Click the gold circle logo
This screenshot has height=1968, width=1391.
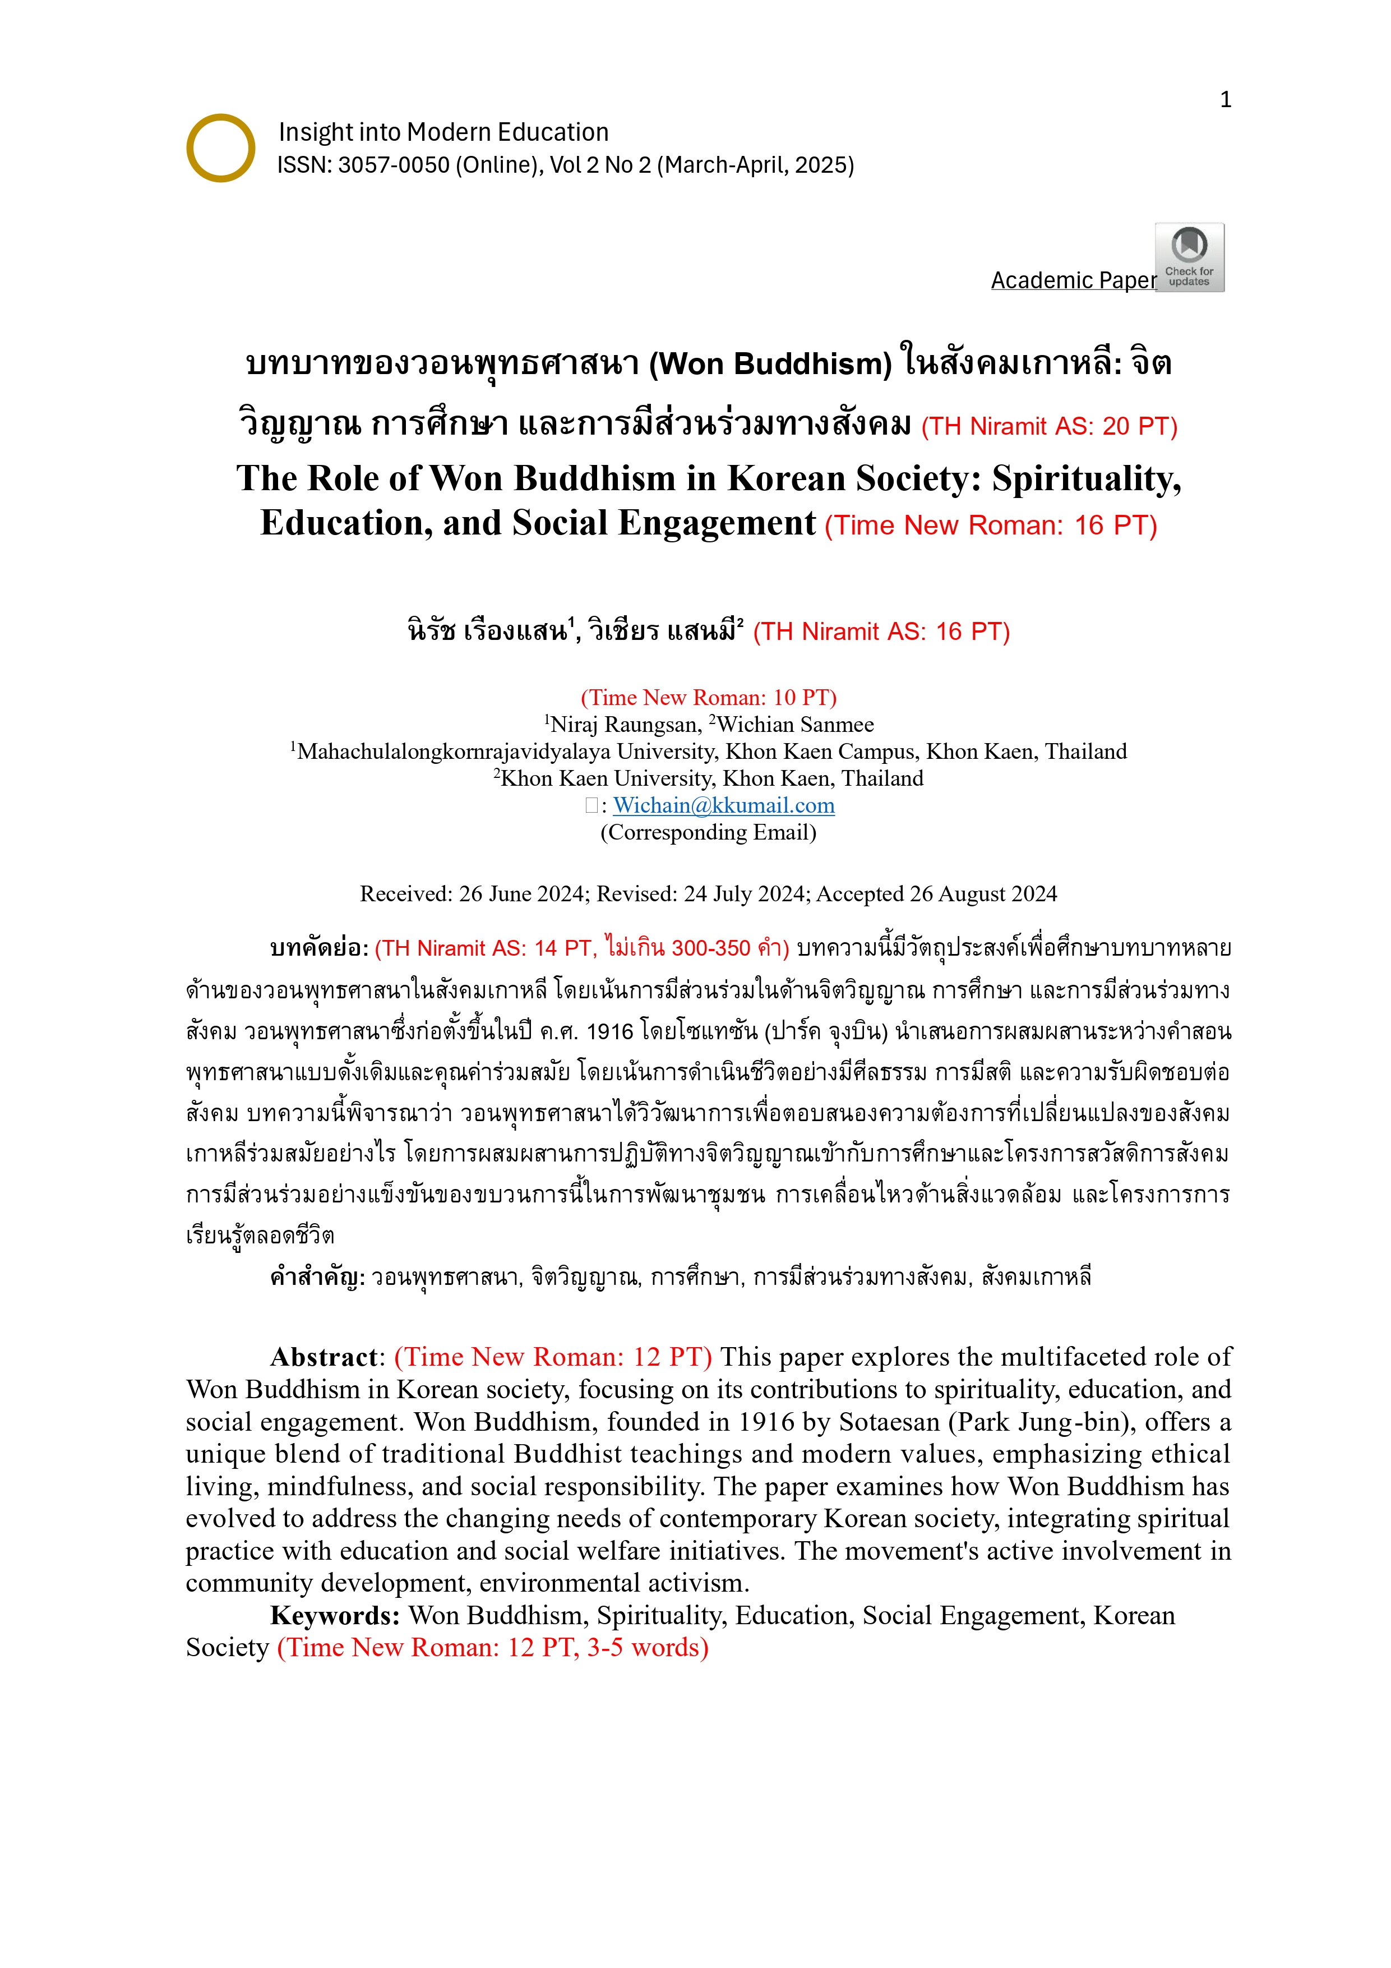(220, 148)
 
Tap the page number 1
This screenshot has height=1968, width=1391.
(1226, 100)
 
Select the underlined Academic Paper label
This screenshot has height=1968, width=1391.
(1073, 280)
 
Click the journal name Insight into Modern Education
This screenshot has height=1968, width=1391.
(443, 132)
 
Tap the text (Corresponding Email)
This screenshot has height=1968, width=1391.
(708, 832)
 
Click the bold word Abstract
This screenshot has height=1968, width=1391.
(323, 1357)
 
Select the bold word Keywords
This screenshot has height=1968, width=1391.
(334, 1616)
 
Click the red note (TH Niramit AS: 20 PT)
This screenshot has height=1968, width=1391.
(1049, 427)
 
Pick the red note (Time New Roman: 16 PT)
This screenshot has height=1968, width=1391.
(991, 526)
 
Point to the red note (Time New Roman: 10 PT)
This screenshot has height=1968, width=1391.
(708, 698)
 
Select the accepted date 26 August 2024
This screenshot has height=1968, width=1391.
(982, 894)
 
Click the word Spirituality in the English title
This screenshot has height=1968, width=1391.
(1086, 478)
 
